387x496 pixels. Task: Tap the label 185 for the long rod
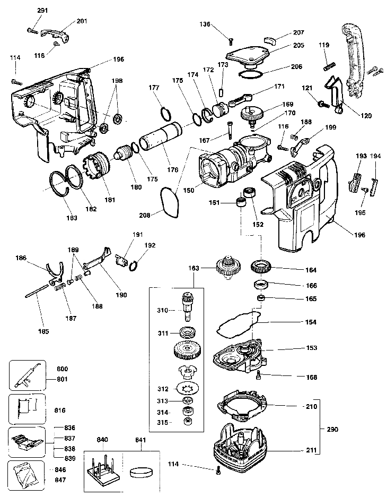pyautogui.click(x=43, y=331)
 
